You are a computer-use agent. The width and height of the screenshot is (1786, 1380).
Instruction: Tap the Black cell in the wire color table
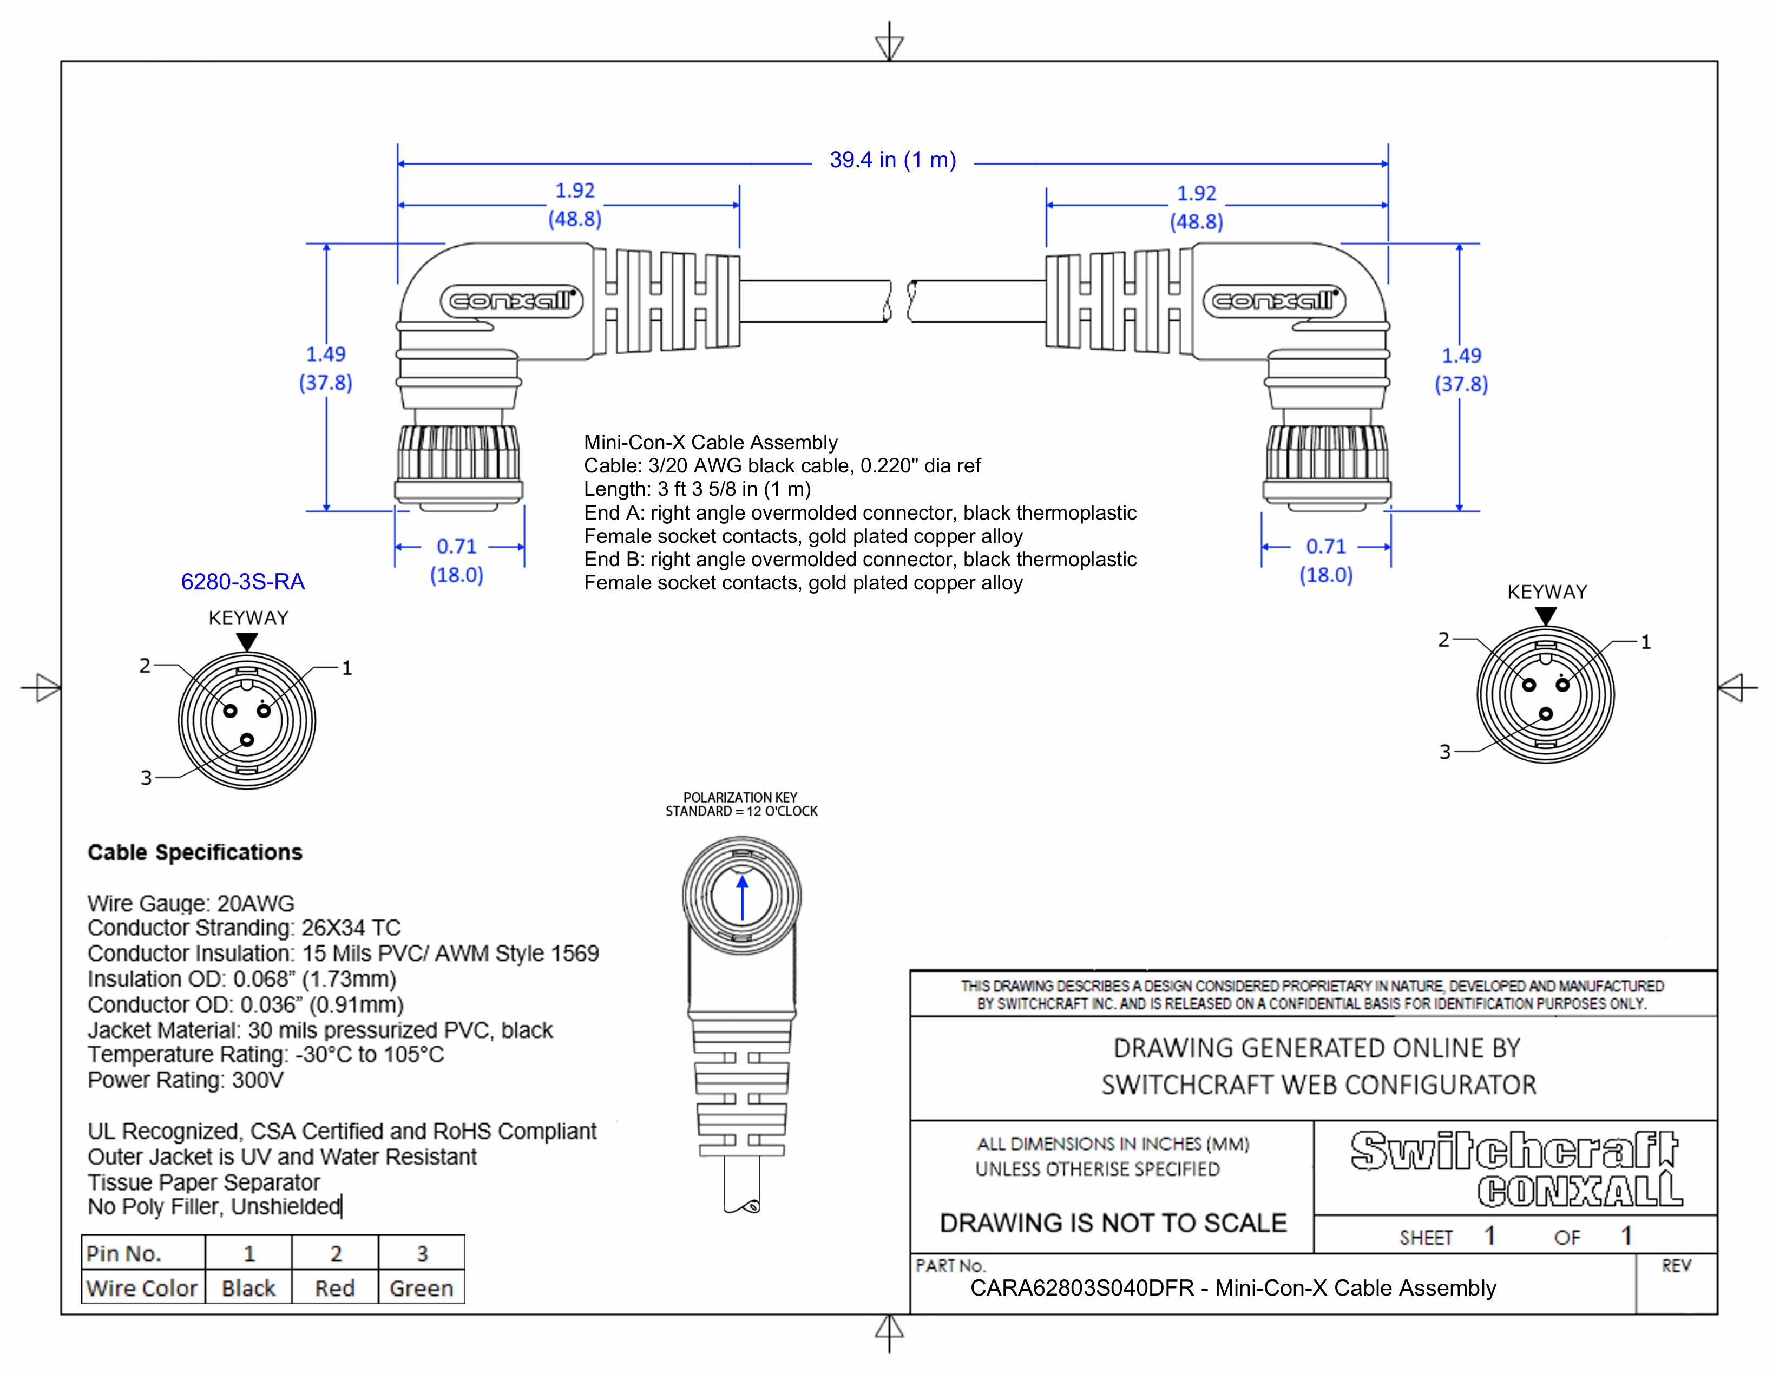[248, 1289]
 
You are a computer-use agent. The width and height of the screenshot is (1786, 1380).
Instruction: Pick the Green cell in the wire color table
[421, 1289]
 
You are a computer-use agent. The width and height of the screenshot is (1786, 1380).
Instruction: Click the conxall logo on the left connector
[512, 301]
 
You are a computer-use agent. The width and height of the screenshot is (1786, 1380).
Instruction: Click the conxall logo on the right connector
[1274, 301]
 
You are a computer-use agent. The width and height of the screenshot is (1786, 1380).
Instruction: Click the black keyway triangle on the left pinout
[247, 642]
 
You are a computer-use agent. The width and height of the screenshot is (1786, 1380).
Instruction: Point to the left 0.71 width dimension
[456, 546]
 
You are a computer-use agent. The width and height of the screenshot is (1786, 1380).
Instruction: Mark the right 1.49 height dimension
[1461, 356]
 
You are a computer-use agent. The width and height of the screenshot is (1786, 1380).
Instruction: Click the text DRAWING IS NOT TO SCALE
[1113, 1223]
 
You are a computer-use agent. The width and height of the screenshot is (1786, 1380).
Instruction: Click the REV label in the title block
[1676, 1266]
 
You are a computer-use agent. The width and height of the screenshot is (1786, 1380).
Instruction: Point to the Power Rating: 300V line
[186, 1080]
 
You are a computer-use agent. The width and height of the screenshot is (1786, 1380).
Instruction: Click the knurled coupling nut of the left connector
[459, 452]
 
